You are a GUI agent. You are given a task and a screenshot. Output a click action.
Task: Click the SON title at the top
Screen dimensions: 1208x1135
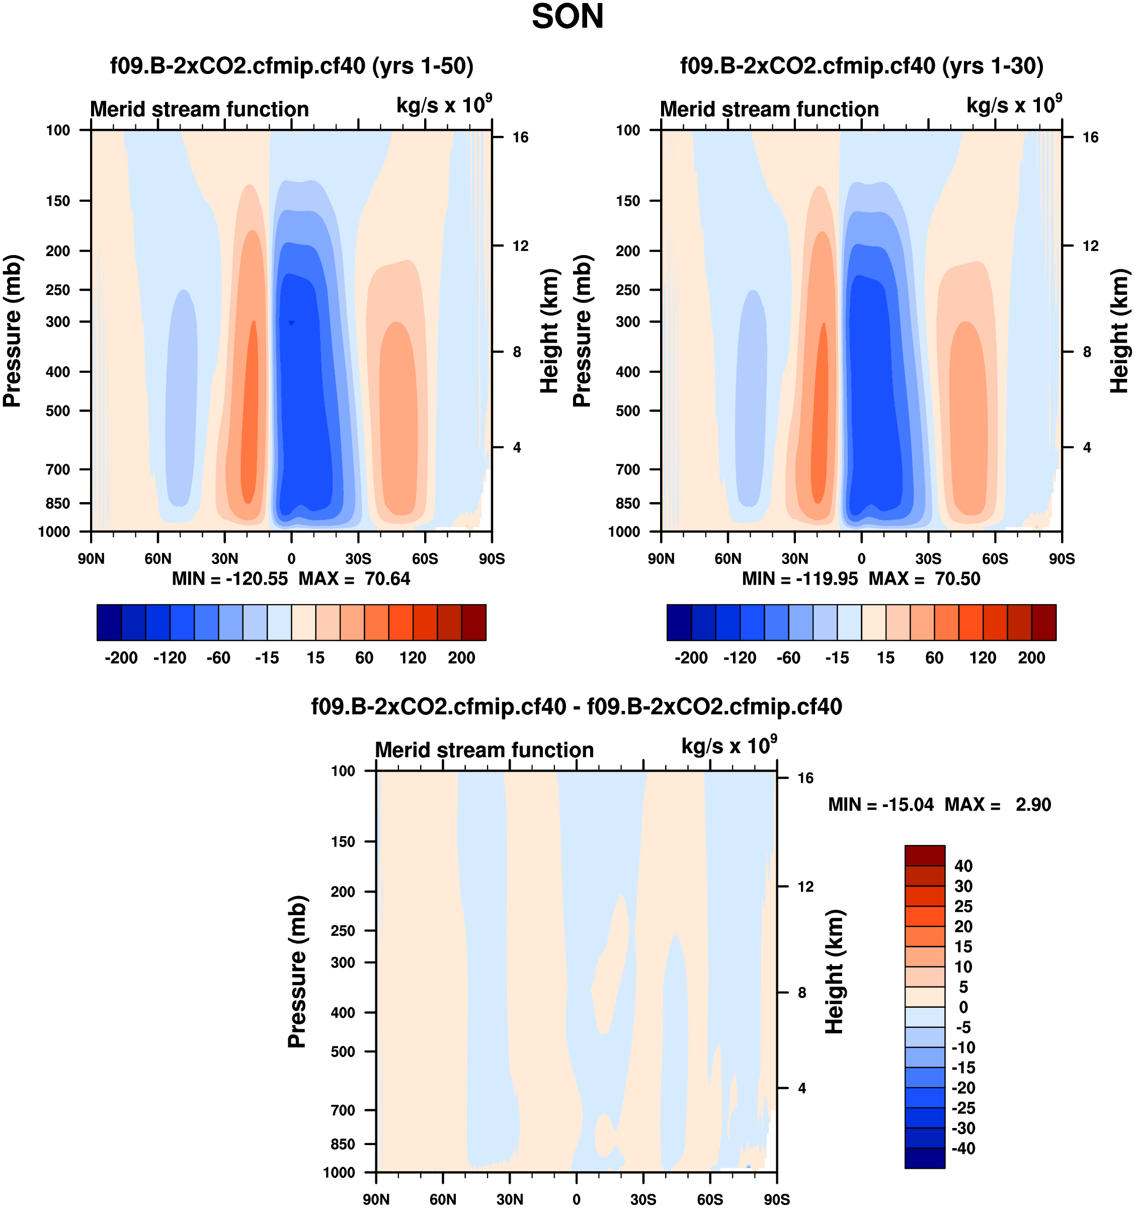click(x=567, y=17)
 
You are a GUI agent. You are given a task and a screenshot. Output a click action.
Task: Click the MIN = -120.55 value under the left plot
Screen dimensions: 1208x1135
click(x=230, y=579)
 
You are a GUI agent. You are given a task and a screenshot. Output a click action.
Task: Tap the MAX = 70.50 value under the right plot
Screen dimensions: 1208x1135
click(x=924, y=579)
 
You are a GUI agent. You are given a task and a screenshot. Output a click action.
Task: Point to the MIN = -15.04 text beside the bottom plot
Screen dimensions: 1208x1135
click(x=880, y=804)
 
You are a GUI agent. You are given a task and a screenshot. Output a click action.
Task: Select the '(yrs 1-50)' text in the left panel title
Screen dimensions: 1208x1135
click(x=423, y=65)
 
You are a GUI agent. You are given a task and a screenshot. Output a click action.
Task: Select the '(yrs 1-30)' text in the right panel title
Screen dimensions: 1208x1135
click(x=993, y=65)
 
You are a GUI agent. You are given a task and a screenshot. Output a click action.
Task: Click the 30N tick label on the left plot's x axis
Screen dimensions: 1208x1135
click(x=225, y=558)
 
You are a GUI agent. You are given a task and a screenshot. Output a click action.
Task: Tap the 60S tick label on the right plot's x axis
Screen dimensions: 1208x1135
click(x=995, y=558)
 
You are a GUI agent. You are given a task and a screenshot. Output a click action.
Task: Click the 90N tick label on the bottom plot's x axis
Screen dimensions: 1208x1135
click(x=376, y=1199)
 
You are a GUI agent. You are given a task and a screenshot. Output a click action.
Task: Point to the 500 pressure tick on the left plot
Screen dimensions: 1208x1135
click(x=58, y=411)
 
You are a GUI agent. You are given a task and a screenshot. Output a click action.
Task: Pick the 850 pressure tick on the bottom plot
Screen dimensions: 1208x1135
click(x=343, y=1144)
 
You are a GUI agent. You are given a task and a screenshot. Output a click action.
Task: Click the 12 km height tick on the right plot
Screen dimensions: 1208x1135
click(x=1091, y=246)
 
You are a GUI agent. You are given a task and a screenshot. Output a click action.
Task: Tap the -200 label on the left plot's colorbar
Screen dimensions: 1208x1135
click(x=121, y=658)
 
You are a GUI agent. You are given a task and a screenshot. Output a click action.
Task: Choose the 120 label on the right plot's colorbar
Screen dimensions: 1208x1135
click(x=983, y=658)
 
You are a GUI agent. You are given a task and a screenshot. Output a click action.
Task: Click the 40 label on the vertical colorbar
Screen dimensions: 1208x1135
click(x=963, y=866)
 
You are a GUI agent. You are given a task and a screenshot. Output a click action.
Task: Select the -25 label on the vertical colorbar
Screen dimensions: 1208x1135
click(x=963, y=1108)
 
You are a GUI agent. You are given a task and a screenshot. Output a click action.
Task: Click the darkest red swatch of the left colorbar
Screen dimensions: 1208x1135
click(x=473, y=622)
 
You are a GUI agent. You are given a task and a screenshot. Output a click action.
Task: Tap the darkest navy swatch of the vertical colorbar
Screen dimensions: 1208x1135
click(x=925, y=1158)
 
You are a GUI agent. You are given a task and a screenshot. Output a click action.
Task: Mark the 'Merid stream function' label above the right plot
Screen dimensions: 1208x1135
click(x=769, y=109)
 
